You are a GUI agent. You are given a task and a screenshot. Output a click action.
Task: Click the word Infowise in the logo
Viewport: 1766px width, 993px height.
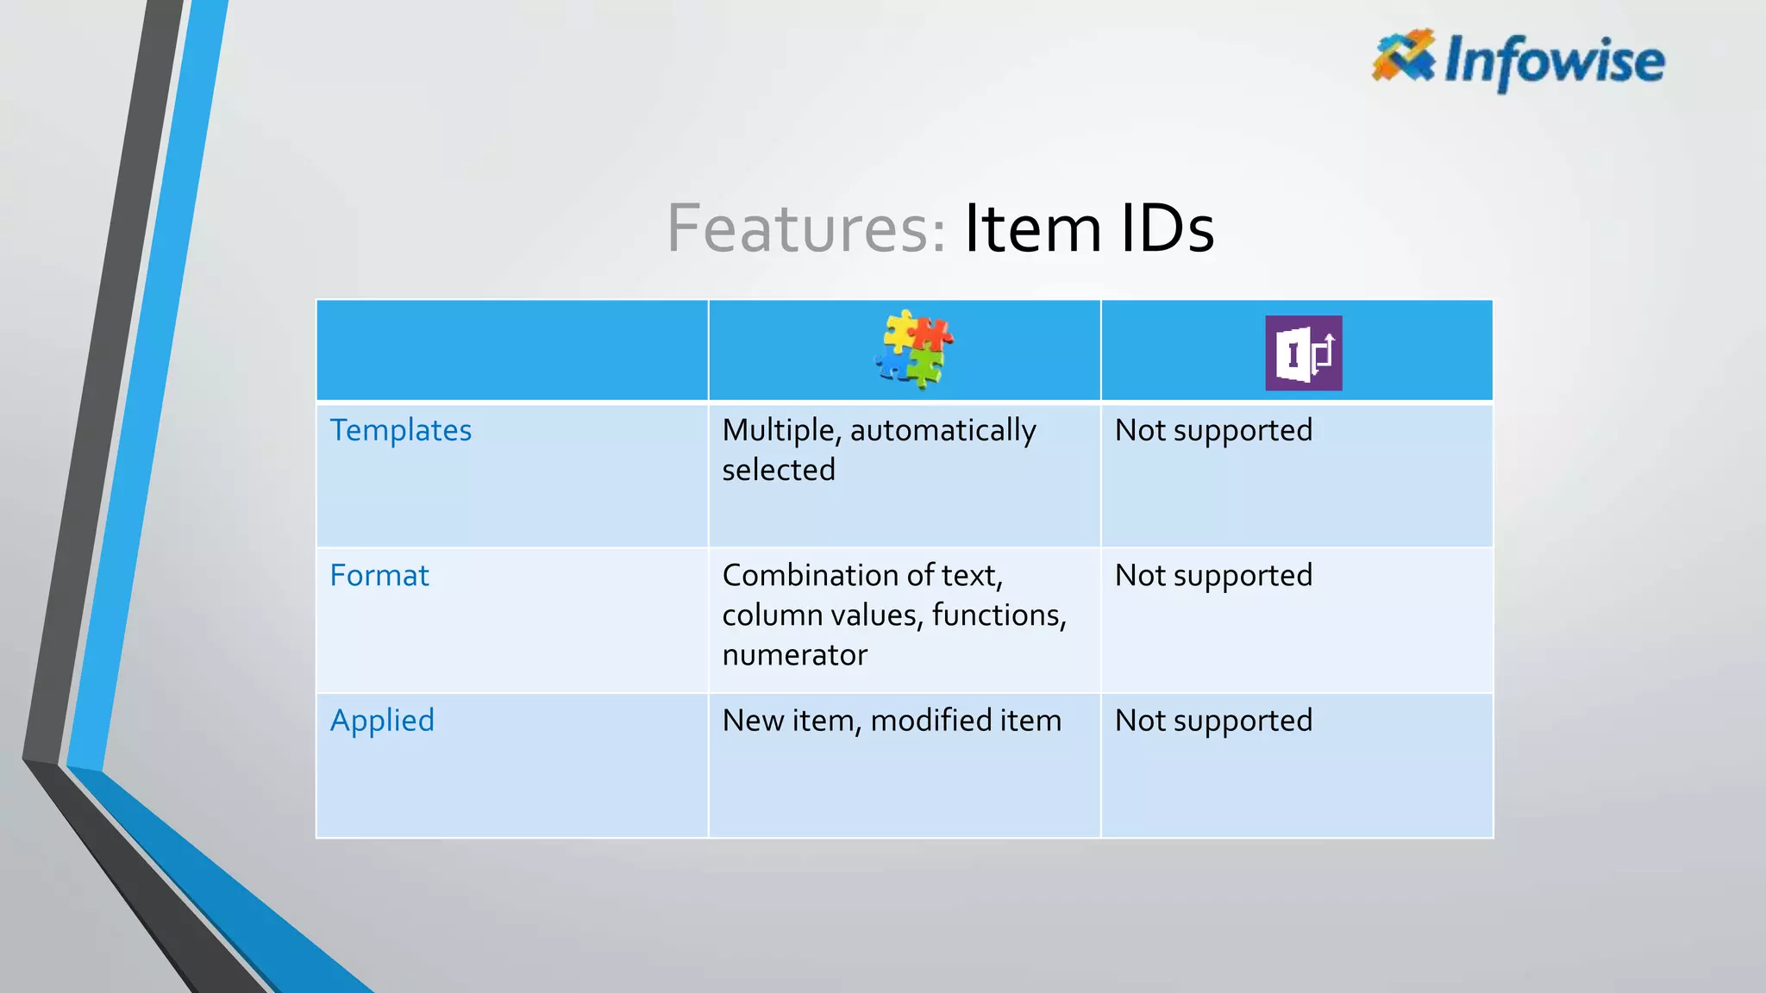1554,61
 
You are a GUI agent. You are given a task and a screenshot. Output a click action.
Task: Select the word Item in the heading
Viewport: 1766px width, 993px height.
1032,228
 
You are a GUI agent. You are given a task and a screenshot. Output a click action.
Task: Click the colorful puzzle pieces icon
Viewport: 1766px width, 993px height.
913,349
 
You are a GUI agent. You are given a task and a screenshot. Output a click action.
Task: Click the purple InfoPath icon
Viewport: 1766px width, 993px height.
1303,353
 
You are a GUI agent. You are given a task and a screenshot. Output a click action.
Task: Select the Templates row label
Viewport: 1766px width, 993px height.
401,430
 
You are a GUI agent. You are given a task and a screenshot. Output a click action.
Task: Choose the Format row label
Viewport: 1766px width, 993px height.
379,575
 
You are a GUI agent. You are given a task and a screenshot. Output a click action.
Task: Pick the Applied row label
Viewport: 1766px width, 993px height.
382,721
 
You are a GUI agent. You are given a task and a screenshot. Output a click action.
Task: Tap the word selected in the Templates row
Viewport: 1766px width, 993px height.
779,470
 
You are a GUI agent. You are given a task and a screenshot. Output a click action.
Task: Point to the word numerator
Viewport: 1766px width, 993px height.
794,655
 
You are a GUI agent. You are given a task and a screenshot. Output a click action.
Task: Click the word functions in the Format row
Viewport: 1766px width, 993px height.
998,615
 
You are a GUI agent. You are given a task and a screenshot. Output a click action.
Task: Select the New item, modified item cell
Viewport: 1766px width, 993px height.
892,721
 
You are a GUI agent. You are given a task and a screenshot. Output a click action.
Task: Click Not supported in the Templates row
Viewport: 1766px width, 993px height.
1213,430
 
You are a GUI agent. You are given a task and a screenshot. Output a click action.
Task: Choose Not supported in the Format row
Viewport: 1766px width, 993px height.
1213,575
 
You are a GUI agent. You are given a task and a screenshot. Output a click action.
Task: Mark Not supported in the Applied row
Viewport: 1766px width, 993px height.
1213,721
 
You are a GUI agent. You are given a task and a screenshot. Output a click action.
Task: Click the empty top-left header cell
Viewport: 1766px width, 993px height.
512,350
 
